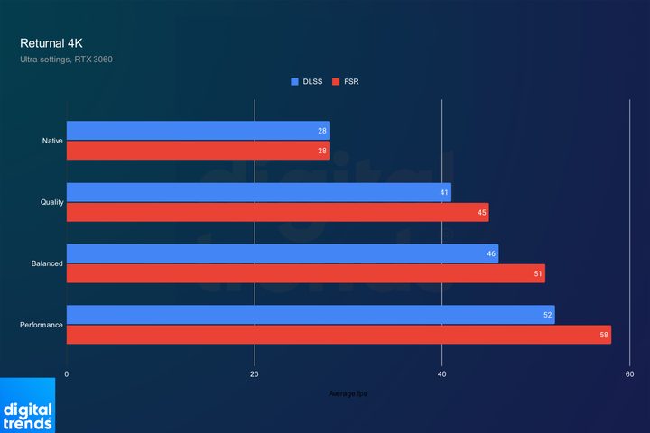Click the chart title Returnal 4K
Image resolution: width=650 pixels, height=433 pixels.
(51, 42)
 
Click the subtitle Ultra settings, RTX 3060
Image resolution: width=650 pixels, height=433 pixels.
(66, 60)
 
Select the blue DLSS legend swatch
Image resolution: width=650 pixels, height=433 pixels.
(294, 81)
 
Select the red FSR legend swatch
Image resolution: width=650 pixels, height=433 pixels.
(336, 81)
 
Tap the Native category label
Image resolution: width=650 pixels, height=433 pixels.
(52, 141)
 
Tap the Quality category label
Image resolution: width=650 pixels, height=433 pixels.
(51, 202)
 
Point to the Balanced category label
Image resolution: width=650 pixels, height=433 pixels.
(48, 263)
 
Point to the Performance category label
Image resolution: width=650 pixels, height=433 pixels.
(42, 325)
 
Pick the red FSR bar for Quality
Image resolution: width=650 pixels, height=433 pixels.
(277, 213)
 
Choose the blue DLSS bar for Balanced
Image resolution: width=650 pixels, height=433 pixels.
(282, 253)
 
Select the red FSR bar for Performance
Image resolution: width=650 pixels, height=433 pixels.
(339, 335)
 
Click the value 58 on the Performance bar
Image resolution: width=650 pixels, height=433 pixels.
(604, 335)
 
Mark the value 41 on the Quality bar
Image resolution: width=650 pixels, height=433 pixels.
(444, 193)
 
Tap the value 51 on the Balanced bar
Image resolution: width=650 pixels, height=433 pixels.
(538, 274)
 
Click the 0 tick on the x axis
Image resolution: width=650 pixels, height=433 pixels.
(67, 374)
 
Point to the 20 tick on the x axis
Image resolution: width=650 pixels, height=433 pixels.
(255, 374)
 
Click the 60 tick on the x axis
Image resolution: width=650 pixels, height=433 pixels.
(629, 374)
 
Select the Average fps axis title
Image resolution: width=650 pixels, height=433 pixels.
(348, 392)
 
